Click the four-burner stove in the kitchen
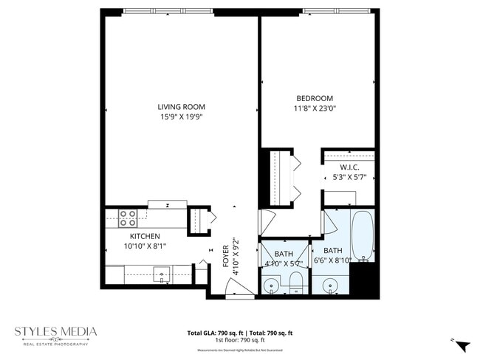tap(128, 218)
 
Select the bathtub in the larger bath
tap(362, 236)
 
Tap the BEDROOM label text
tap(315, 98)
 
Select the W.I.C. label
tap(349, 167)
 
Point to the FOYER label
tap(226, 255)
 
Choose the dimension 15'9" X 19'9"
tap(180, 117)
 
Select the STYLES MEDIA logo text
tap(55, 332)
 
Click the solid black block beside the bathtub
tap(364, 280)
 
